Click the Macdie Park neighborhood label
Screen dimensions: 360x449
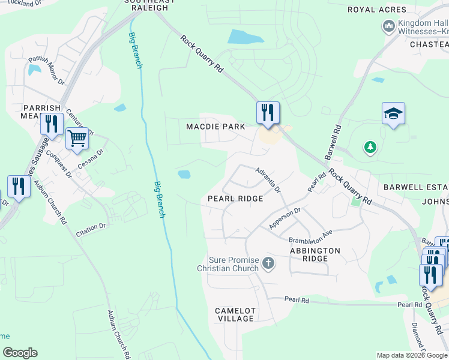coord(215,127)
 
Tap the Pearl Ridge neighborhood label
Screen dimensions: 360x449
coord(235,198)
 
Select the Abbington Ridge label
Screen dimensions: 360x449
coord(315,254)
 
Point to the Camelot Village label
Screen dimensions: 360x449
coord(235,314)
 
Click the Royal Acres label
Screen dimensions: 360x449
coord(377,10)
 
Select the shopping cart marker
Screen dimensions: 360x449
coord(77,139)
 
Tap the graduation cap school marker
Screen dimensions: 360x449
coord(393,113)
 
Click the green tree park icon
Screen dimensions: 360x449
coord(370,147)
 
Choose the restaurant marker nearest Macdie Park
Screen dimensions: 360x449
coord(268,112)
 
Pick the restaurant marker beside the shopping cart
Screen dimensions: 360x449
coord(52,124)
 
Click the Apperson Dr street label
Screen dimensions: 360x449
coord(285,218)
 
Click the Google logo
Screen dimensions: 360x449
coord(20,353)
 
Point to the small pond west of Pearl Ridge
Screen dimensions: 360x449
coord(184,175)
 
